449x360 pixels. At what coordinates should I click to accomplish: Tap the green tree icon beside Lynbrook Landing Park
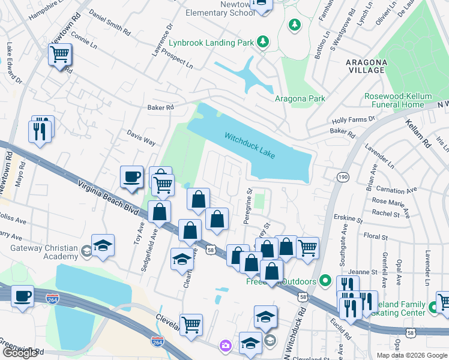[x=262, y=41]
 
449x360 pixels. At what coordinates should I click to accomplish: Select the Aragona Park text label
[x=300, y=99]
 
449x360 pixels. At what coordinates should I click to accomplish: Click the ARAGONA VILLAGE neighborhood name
[x=366, y=66]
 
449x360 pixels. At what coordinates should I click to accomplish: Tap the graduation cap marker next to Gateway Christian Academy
[x=103, y=246]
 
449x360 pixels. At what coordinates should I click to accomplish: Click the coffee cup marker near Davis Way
[x=132, y=177]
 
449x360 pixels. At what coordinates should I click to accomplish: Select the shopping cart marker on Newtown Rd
[x=59, y=55]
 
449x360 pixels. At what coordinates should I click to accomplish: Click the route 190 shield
[x=343, y=176]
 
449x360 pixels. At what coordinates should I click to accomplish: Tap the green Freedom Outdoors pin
[x=325, y=280]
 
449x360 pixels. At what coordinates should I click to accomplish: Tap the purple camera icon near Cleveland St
[x=225, y=345]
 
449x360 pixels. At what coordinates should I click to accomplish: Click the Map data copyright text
[x=411, y=355]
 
